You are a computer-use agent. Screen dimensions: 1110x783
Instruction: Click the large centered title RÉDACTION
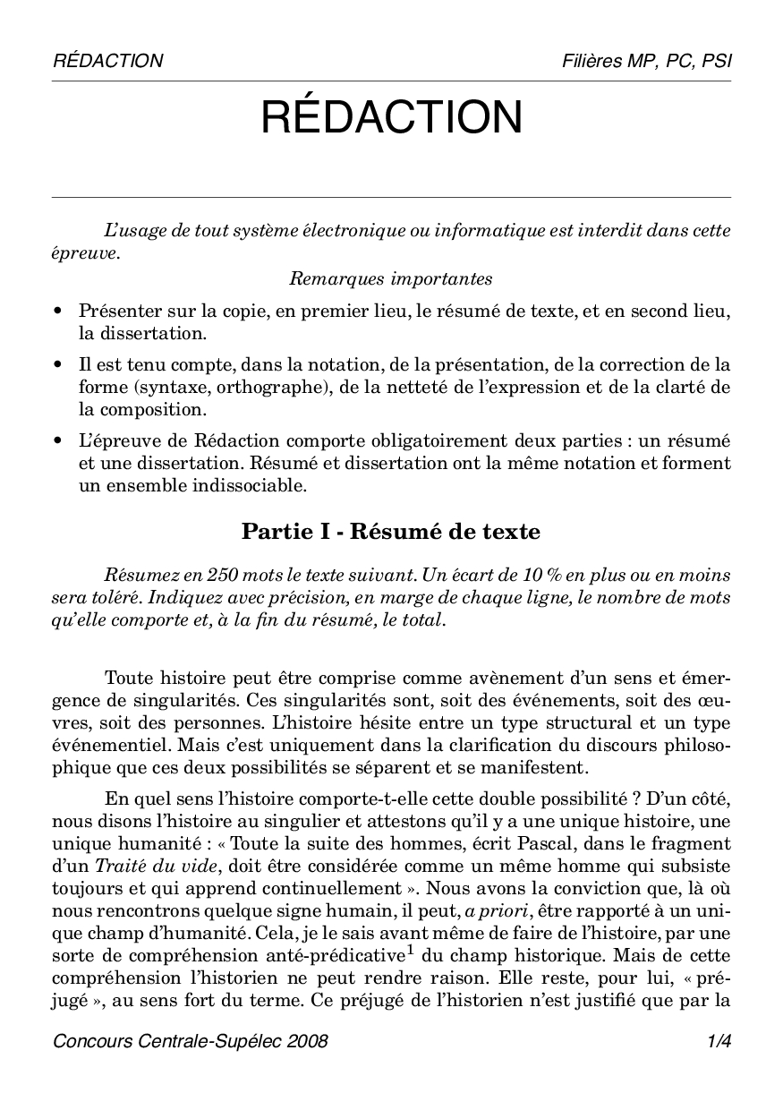(391, 118)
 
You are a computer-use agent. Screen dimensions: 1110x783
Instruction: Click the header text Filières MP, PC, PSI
(646, 61)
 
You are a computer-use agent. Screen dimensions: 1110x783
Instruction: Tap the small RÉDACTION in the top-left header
(108, 61)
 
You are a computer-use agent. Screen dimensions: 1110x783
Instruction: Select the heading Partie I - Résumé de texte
(391, 532)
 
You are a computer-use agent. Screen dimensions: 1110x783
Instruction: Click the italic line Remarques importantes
(391, 278)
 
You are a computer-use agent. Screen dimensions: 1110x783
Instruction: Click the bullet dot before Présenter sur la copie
(58, 312)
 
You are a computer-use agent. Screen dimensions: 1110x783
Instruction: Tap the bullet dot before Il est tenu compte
(58, 365)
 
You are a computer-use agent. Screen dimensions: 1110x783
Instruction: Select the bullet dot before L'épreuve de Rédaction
(58, 441)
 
